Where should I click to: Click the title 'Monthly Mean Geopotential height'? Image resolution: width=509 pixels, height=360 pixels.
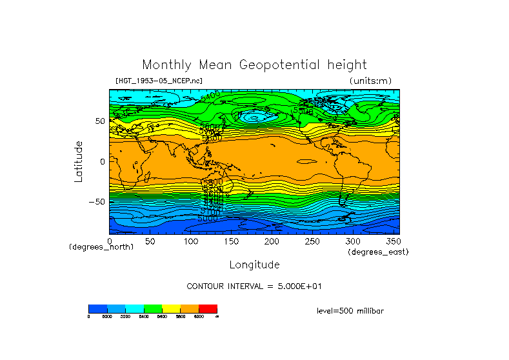click(x=254, y=65)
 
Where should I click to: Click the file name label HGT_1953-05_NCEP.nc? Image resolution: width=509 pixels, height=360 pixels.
click(x=159, y=81)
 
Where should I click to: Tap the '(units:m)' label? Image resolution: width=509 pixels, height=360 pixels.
click(x=370, y=81)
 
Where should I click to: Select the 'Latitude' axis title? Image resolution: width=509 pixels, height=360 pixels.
click(x=78, y=161)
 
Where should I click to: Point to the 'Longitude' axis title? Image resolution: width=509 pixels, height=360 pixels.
click(x=254, y=265)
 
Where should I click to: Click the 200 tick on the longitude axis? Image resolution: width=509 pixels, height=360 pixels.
click(x=272, y=241)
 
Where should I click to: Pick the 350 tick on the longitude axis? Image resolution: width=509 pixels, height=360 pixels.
click(x=393, y=241)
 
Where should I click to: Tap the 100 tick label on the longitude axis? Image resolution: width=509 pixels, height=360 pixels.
click(x=190, y=241)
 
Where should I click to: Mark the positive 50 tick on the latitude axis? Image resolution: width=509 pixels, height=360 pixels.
click(x=100, y=121)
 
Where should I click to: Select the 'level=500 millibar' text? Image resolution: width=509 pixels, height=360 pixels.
click(x=350, y=310)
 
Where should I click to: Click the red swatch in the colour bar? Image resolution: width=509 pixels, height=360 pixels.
click(x=208, y=308)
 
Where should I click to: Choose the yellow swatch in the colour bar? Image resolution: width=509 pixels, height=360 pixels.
click(x=171, y=308)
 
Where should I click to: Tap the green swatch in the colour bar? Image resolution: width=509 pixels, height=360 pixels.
click(x=153, y=308)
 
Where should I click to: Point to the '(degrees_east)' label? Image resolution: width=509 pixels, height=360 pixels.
click(x=378, y=252)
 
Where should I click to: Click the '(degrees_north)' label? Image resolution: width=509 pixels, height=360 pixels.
click(x=101, y=246)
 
